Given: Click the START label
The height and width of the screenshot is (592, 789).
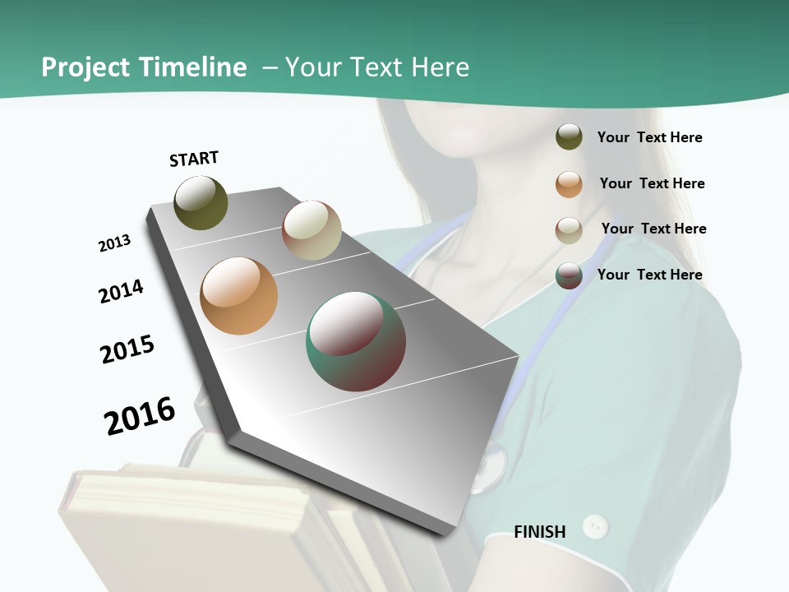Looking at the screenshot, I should [194, 159].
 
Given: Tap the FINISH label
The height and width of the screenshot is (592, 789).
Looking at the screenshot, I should [539, 532].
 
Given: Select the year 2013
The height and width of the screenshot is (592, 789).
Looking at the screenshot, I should [114, 243].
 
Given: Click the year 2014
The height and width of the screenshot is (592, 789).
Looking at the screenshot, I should [121, 291].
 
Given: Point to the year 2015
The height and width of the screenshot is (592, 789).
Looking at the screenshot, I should [127, 349].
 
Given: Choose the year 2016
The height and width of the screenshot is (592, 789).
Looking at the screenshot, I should [140, 416].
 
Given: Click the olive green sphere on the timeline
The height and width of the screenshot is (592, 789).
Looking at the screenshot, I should [201, 202].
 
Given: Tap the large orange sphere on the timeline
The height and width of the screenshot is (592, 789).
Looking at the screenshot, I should [239, 296].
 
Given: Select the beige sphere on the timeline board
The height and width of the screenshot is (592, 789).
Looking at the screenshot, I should [311, 230].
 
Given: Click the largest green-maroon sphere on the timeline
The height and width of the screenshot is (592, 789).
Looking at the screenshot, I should [356, 341].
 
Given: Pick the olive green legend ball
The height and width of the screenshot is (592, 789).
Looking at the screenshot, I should [569, 137].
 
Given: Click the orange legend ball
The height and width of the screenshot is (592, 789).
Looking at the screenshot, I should [569, 184].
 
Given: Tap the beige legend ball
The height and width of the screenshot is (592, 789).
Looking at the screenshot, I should [569, 230].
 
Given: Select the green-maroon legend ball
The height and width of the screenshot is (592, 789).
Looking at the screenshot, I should [569, 275].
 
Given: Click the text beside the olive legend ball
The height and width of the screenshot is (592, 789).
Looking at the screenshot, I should [649, 137].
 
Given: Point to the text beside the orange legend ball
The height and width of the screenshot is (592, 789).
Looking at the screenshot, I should [652, 183].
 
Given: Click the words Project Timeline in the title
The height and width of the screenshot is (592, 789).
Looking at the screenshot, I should [144, 67].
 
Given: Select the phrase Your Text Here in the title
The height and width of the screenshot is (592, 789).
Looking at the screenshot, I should [376, 67].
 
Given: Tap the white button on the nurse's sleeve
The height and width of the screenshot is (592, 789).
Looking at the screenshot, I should [595, 526].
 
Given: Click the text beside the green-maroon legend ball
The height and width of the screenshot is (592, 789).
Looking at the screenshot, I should [649, 275].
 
